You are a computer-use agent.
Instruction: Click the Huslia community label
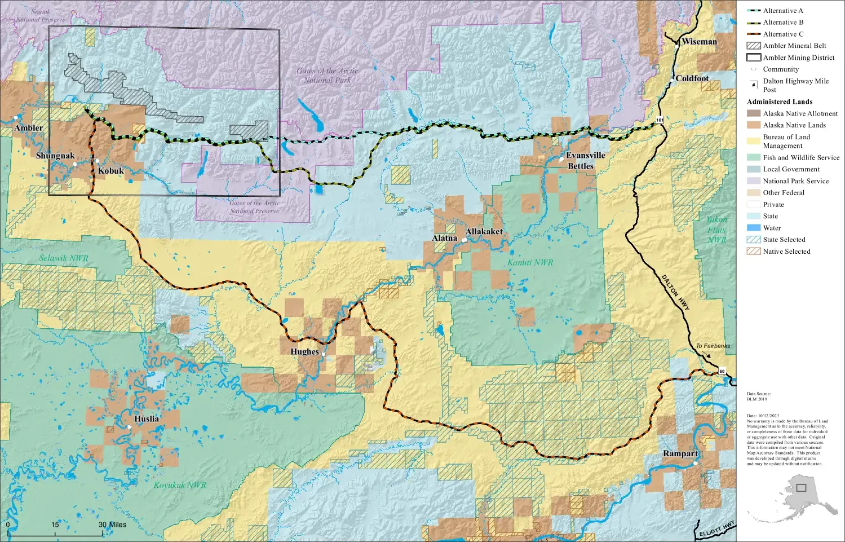point(147,419)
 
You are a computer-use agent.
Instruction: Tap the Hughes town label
point(304,352)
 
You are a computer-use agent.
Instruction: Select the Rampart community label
point(680,453)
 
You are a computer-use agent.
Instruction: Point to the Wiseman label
point(699,42)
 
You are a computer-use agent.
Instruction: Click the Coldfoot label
point(692,78)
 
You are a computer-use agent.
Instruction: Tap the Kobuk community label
point(110,171)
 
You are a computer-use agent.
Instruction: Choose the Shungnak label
point(55,156)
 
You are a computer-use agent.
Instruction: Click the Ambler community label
point(28,128)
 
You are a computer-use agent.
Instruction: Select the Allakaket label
point(484,232)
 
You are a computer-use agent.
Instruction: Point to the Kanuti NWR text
point(530,262)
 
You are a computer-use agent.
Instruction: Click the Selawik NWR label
point(63,258)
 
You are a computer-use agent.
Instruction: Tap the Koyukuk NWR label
point(180,485)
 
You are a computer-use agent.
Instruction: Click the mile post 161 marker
point(660,120)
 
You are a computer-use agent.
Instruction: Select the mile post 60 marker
point(722,372)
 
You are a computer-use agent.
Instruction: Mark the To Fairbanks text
point(713,346)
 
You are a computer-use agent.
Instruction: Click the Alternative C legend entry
point(783,34)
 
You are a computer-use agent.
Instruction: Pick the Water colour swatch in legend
point(754,228)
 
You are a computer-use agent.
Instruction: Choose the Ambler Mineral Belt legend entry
point(794,46)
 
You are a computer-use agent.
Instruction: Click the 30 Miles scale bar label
point(112,525)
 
